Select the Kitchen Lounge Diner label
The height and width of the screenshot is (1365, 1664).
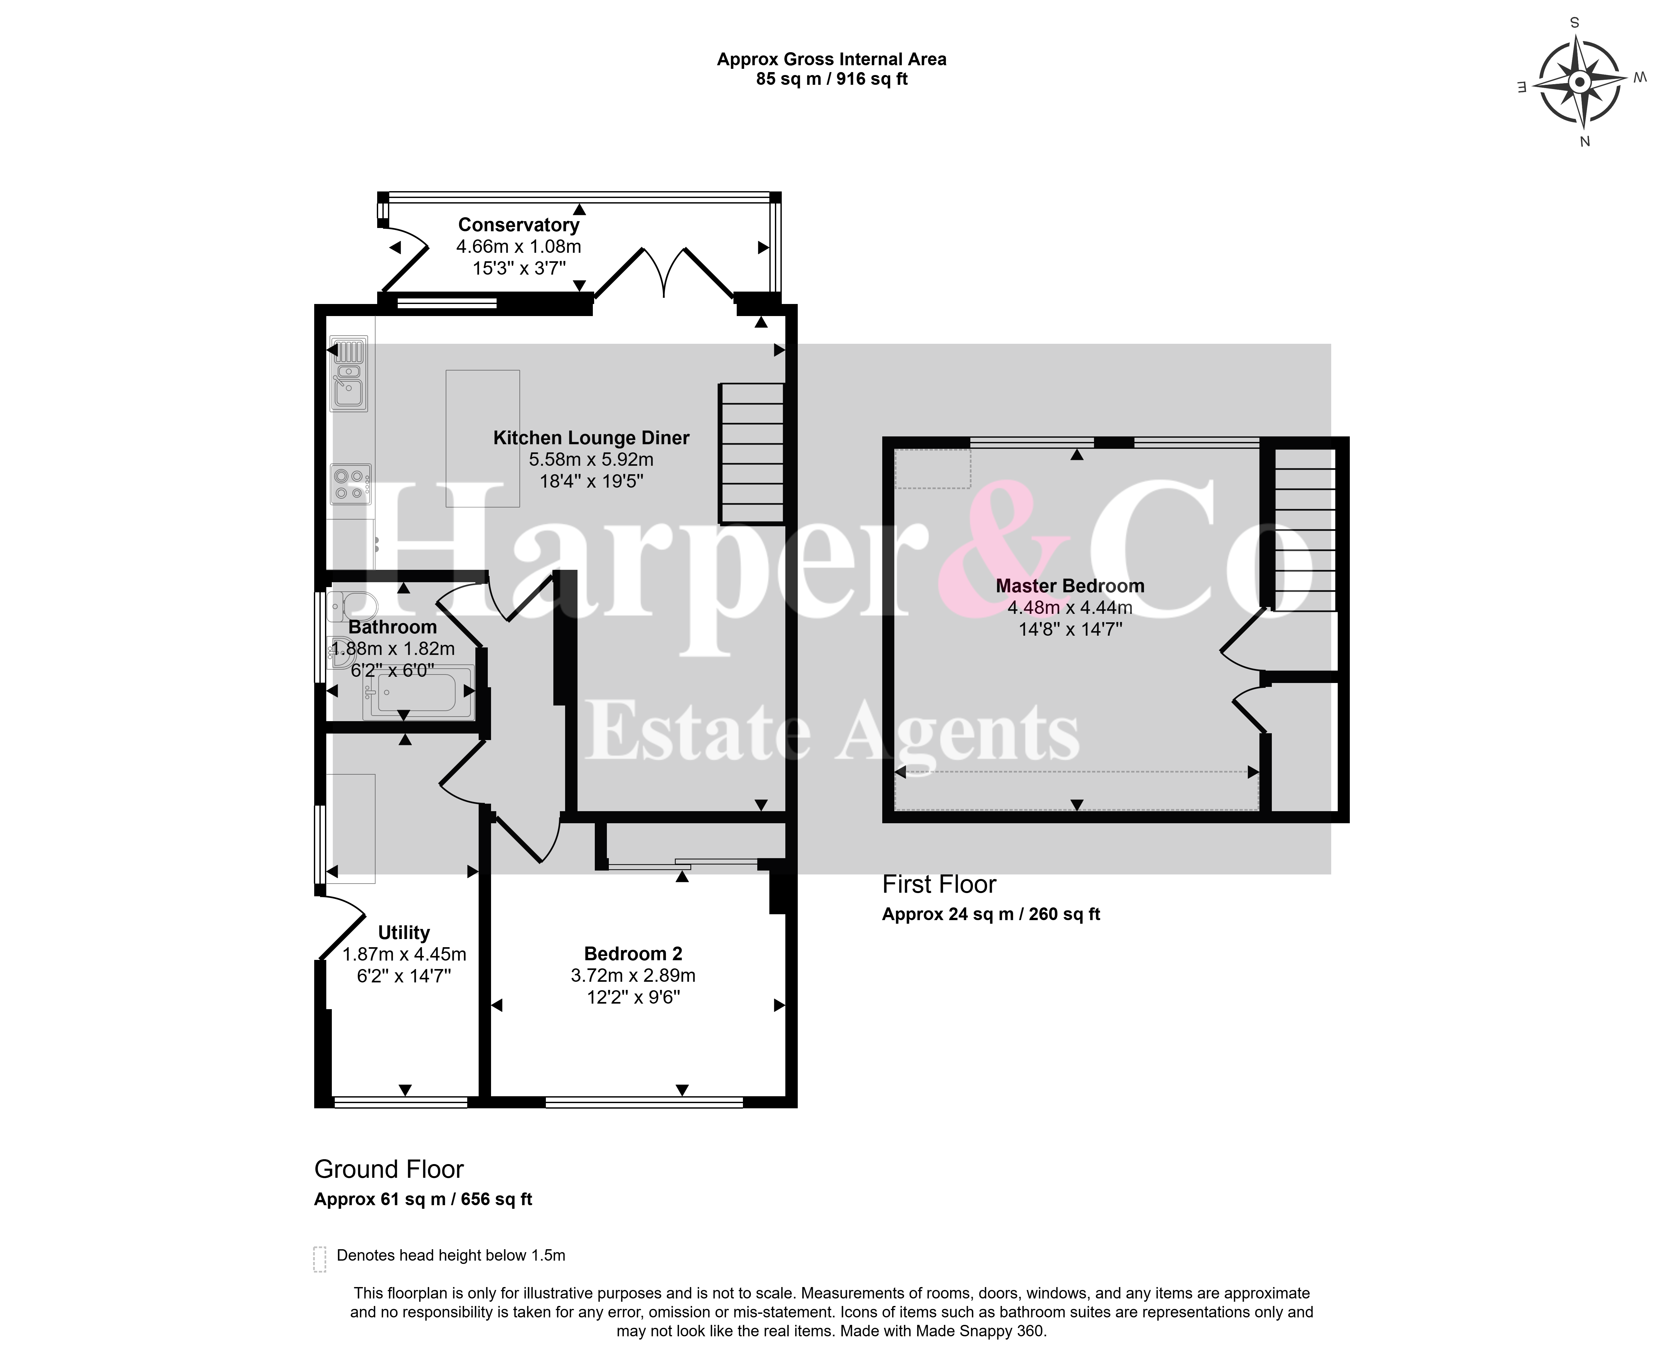click(591, 438)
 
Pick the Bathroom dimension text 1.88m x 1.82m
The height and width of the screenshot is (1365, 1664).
click(393, 649)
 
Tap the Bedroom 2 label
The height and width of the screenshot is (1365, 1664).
click(633, 954)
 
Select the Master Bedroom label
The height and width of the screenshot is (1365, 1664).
click(1070, 586)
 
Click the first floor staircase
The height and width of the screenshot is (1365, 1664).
click(1305, 530)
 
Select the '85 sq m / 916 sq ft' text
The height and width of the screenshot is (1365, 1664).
click(832, 79)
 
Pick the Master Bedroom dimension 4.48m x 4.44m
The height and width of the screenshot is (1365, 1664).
click(1070, 607)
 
